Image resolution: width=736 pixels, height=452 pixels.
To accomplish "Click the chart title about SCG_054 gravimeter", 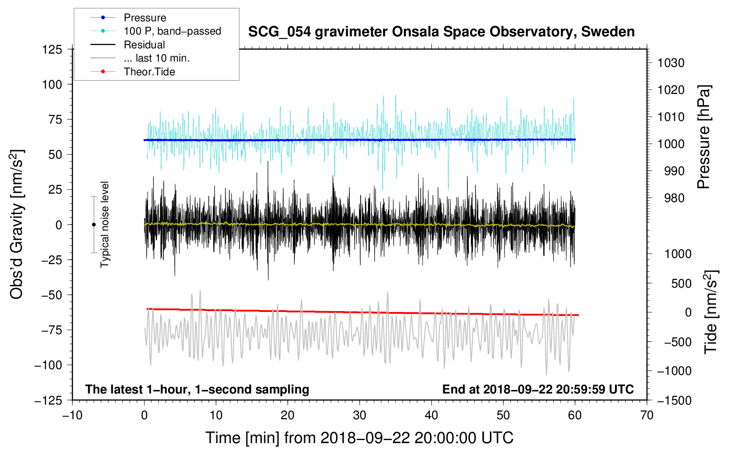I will click(x=441, y=32).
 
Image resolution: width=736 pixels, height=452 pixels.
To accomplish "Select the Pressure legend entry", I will click(x=145, y=18).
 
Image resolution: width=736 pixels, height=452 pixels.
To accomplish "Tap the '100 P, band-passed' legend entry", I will click(x=172, y=31).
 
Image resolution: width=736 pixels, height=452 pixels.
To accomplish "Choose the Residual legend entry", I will click(x=144, y=45).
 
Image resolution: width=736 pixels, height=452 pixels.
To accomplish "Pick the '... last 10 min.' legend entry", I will click(x=157, y=58).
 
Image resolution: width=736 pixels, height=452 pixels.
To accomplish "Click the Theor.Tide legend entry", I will click(x=149, y=72).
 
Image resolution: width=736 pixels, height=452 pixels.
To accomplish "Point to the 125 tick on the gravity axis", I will click(x=52, y=49).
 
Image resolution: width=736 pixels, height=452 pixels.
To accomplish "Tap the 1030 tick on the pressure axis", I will click(x=671, y=63).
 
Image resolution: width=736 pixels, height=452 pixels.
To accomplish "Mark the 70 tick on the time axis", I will click(x=647, y=415).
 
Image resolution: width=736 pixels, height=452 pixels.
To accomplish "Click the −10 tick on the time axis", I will click(x=72, y=415).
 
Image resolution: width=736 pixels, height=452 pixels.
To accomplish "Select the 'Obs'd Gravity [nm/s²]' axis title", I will click(x=17, y=224).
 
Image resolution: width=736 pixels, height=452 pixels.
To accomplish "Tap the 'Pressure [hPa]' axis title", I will click(x=704, y=137).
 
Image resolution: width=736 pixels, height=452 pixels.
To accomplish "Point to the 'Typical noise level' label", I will click(x=105, y=224).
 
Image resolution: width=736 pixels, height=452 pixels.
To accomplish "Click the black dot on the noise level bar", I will click(x=94, y=225).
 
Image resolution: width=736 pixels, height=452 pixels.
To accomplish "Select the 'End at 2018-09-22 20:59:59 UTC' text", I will click(x=538, y=389).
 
